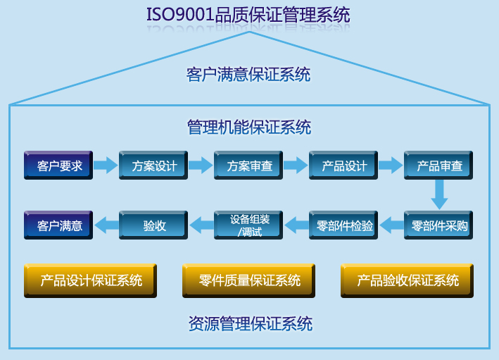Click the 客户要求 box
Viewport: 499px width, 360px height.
59,166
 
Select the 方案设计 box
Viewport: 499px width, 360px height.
154,166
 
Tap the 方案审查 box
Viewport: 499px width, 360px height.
249,166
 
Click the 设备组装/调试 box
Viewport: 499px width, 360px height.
249,225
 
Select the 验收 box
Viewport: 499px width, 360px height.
154,226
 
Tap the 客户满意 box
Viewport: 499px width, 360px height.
59,226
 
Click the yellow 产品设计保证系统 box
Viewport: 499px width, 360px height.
91,281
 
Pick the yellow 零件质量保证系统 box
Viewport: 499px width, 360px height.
249,281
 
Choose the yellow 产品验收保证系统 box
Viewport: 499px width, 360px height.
408,281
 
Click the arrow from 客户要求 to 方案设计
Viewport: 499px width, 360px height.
106,166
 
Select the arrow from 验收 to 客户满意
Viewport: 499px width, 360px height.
106,225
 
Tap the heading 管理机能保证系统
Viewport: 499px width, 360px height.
249,128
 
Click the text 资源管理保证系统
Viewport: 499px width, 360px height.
250,324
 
